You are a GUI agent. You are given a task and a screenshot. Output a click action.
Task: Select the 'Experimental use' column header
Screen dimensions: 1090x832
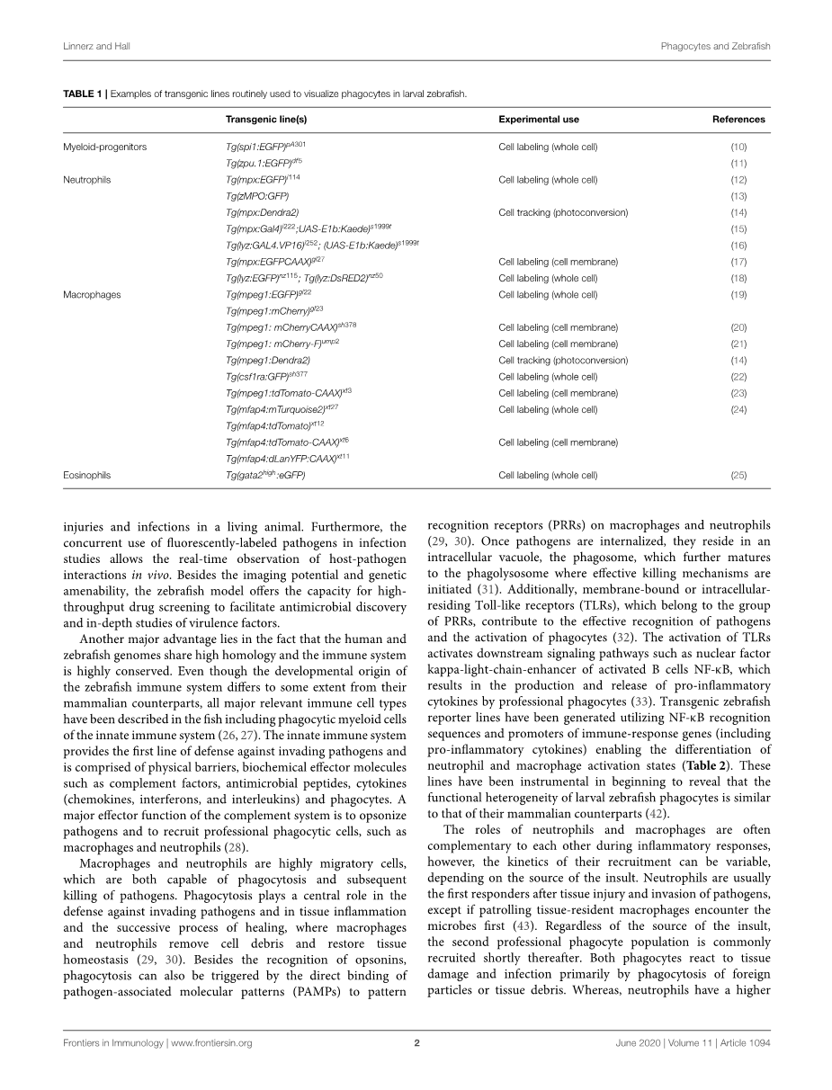click(x=539, y=119)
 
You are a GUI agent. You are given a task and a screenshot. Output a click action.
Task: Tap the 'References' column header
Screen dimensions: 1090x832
click(x=738, y=119)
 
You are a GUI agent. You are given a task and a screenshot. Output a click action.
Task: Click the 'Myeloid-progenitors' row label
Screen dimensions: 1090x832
click(x=104, y=147)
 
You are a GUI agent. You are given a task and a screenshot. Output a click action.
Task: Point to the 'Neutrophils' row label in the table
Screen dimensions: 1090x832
click(x=86, y=180)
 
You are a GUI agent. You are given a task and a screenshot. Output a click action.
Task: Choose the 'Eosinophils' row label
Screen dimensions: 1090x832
click(x=87, y=475)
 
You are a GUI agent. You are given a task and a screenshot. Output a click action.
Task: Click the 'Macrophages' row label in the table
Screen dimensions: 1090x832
click(x=90, y=294)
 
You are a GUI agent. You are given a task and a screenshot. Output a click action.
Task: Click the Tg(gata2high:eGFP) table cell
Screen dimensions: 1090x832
click(x=265, y=475)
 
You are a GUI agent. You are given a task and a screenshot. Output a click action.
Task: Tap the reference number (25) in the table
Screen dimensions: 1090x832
click(x=738, y=475)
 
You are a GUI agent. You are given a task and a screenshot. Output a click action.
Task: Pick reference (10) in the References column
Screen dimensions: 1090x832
click(x=738, y=147)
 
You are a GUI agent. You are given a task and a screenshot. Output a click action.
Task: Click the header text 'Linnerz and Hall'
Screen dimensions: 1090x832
click(x=94, y=44)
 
